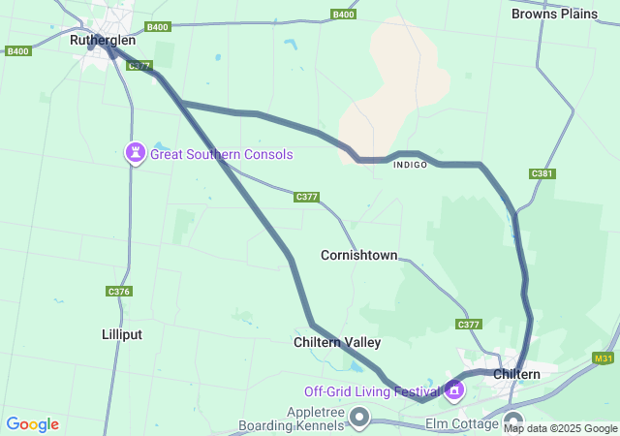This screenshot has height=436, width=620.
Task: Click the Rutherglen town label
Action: tap(103, 41)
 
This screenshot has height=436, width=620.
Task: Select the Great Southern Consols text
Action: tap(221, 154)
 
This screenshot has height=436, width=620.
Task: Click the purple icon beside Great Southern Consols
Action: tap(136, 152)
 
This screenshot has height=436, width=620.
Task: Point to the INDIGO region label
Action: tap(410, 165)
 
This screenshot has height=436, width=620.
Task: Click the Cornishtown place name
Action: tap(358, 255)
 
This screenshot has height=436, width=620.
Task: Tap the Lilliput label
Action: tap(122, 334)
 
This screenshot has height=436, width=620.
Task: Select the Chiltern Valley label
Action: tap(337, 342)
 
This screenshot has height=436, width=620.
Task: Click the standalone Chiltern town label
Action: tap(516, 374)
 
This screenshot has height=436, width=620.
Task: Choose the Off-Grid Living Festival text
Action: tap(372, 391)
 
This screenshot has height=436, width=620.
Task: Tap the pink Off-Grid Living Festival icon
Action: tap(454, 390)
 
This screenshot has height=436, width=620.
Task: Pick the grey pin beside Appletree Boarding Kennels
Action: tap(360, 418)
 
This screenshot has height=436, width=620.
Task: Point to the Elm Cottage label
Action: tap(462, 424)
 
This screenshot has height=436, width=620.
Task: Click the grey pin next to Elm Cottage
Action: tap(513, 421)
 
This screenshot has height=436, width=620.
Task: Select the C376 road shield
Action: tap(118, 291)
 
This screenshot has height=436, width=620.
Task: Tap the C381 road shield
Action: tap(542, 173)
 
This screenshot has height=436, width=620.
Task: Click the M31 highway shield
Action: tap(604, 358)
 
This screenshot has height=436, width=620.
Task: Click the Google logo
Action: tap(32, 424)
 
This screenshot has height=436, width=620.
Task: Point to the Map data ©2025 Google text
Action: tap(560, 428)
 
